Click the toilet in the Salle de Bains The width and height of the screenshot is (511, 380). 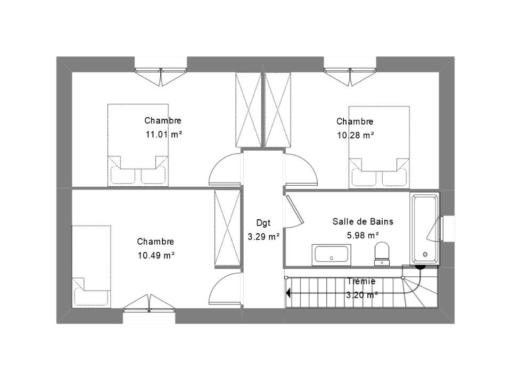click(382, 253)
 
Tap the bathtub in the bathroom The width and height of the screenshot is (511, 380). click(425, 228)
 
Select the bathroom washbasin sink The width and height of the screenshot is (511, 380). click(332, 255)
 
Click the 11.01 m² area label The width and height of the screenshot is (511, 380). click(163, 134)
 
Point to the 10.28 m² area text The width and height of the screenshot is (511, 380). click(355, 135)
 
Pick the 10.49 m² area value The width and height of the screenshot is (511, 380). click(156, 255)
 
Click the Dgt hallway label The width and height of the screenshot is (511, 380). click(263, 223)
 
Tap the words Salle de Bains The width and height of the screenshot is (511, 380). click(362, 221)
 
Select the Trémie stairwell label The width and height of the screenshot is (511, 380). click(361, 281)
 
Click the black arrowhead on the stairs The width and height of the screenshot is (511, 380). click(288, 293)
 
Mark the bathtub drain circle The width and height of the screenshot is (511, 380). click(425, 254)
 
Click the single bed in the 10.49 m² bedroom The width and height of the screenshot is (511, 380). click(92, 267)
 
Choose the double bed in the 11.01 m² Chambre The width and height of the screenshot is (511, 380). click(138, 145)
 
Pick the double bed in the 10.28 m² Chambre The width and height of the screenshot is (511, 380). click(380, 147)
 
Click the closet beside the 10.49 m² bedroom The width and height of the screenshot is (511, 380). click(227, 228)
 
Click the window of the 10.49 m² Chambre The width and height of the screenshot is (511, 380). click(149, 309)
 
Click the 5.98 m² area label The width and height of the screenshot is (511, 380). click(362, 235)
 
